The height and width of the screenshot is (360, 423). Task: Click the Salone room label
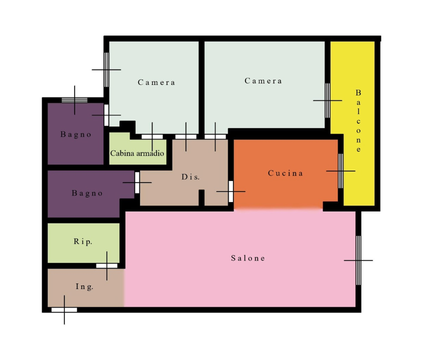click(248, 258)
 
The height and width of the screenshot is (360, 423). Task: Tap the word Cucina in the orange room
click(285, 173)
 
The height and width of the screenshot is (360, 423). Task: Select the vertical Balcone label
click(358, 120)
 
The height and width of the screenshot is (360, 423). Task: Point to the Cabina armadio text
click(137, 153)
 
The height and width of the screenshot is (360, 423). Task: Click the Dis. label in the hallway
click(190, 177)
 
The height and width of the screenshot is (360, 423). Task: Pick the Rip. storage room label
click(83, 241)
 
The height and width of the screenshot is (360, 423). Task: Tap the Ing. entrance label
click(84, 286)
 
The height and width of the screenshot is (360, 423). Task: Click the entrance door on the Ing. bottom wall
click(64, 310)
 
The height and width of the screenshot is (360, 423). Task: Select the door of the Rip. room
click(107, 266)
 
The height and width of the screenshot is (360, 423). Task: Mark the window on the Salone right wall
click(358, 260)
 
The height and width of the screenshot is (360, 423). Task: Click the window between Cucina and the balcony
click(340, 171)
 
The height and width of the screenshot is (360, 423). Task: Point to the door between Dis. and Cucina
click(231, 191)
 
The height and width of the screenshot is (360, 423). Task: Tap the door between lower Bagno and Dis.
click(137, 182)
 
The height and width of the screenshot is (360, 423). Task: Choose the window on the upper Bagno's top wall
click(74, 100)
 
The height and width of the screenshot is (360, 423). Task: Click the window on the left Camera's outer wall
click(106, 69)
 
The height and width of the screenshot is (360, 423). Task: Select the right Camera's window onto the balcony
click(327, 100)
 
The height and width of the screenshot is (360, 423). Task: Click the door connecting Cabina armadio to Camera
click(152, 137)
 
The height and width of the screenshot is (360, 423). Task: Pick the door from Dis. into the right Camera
click(215, 137)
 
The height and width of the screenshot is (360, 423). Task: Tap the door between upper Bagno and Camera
click(106, 115)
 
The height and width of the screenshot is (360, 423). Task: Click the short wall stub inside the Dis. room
click(201, 197)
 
